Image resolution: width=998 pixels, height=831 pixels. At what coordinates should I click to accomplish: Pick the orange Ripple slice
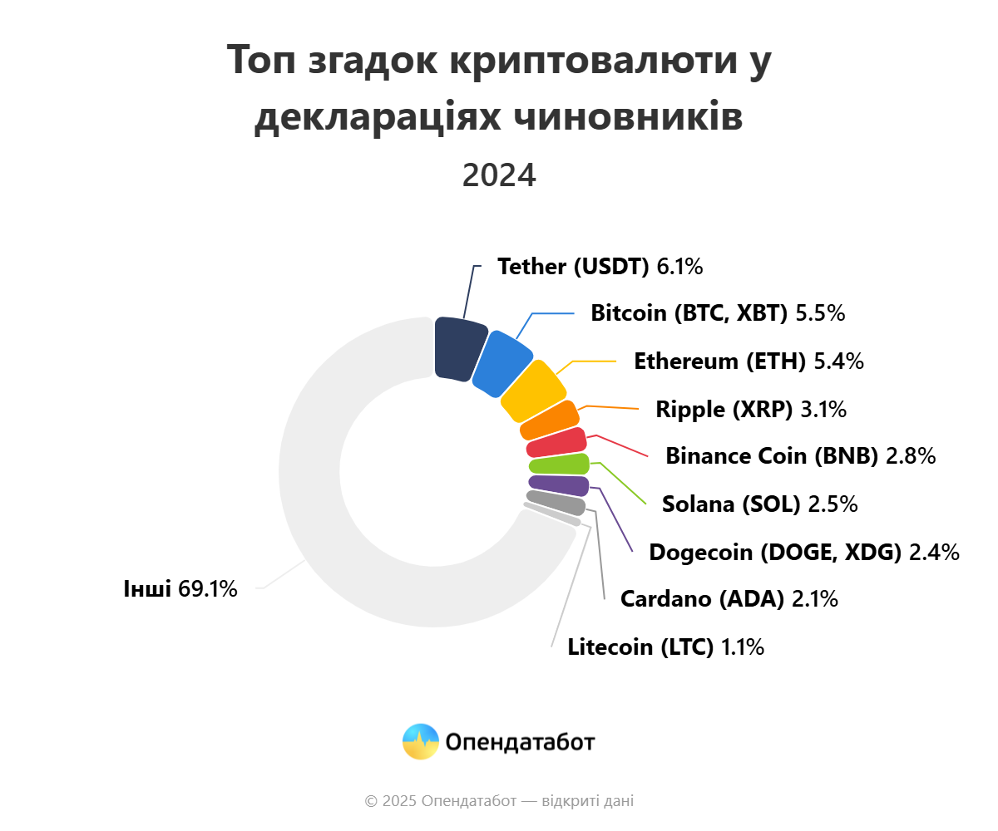click(550, 420)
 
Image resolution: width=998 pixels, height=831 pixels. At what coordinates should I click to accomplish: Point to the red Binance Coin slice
click(556, 442)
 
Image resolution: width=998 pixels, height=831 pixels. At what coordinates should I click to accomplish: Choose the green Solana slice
click(559, 464)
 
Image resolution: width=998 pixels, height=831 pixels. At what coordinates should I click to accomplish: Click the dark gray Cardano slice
click(556, 502)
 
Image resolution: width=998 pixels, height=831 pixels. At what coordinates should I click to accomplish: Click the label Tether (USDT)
click(572, 267)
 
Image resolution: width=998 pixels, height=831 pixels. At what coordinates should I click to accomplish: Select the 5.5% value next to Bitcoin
click(820, 313)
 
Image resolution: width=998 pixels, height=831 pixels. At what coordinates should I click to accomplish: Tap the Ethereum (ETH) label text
click(719, 361)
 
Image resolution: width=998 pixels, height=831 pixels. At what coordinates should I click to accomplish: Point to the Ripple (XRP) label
click(724, 409)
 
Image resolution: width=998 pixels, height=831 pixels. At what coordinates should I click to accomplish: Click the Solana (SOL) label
click(730, 504)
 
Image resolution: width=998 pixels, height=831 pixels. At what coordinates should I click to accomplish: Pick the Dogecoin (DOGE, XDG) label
click(775, 552)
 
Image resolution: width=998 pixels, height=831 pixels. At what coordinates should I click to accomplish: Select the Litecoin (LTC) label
click(640, 647)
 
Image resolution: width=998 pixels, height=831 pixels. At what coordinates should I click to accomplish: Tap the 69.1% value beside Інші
click(208, 589)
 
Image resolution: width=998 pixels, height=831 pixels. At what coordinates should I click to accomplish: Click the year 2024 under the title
click(499, 175)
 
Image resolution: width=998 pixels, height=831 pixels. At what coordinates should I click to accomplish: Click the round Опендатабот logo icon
click(420, 741)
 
